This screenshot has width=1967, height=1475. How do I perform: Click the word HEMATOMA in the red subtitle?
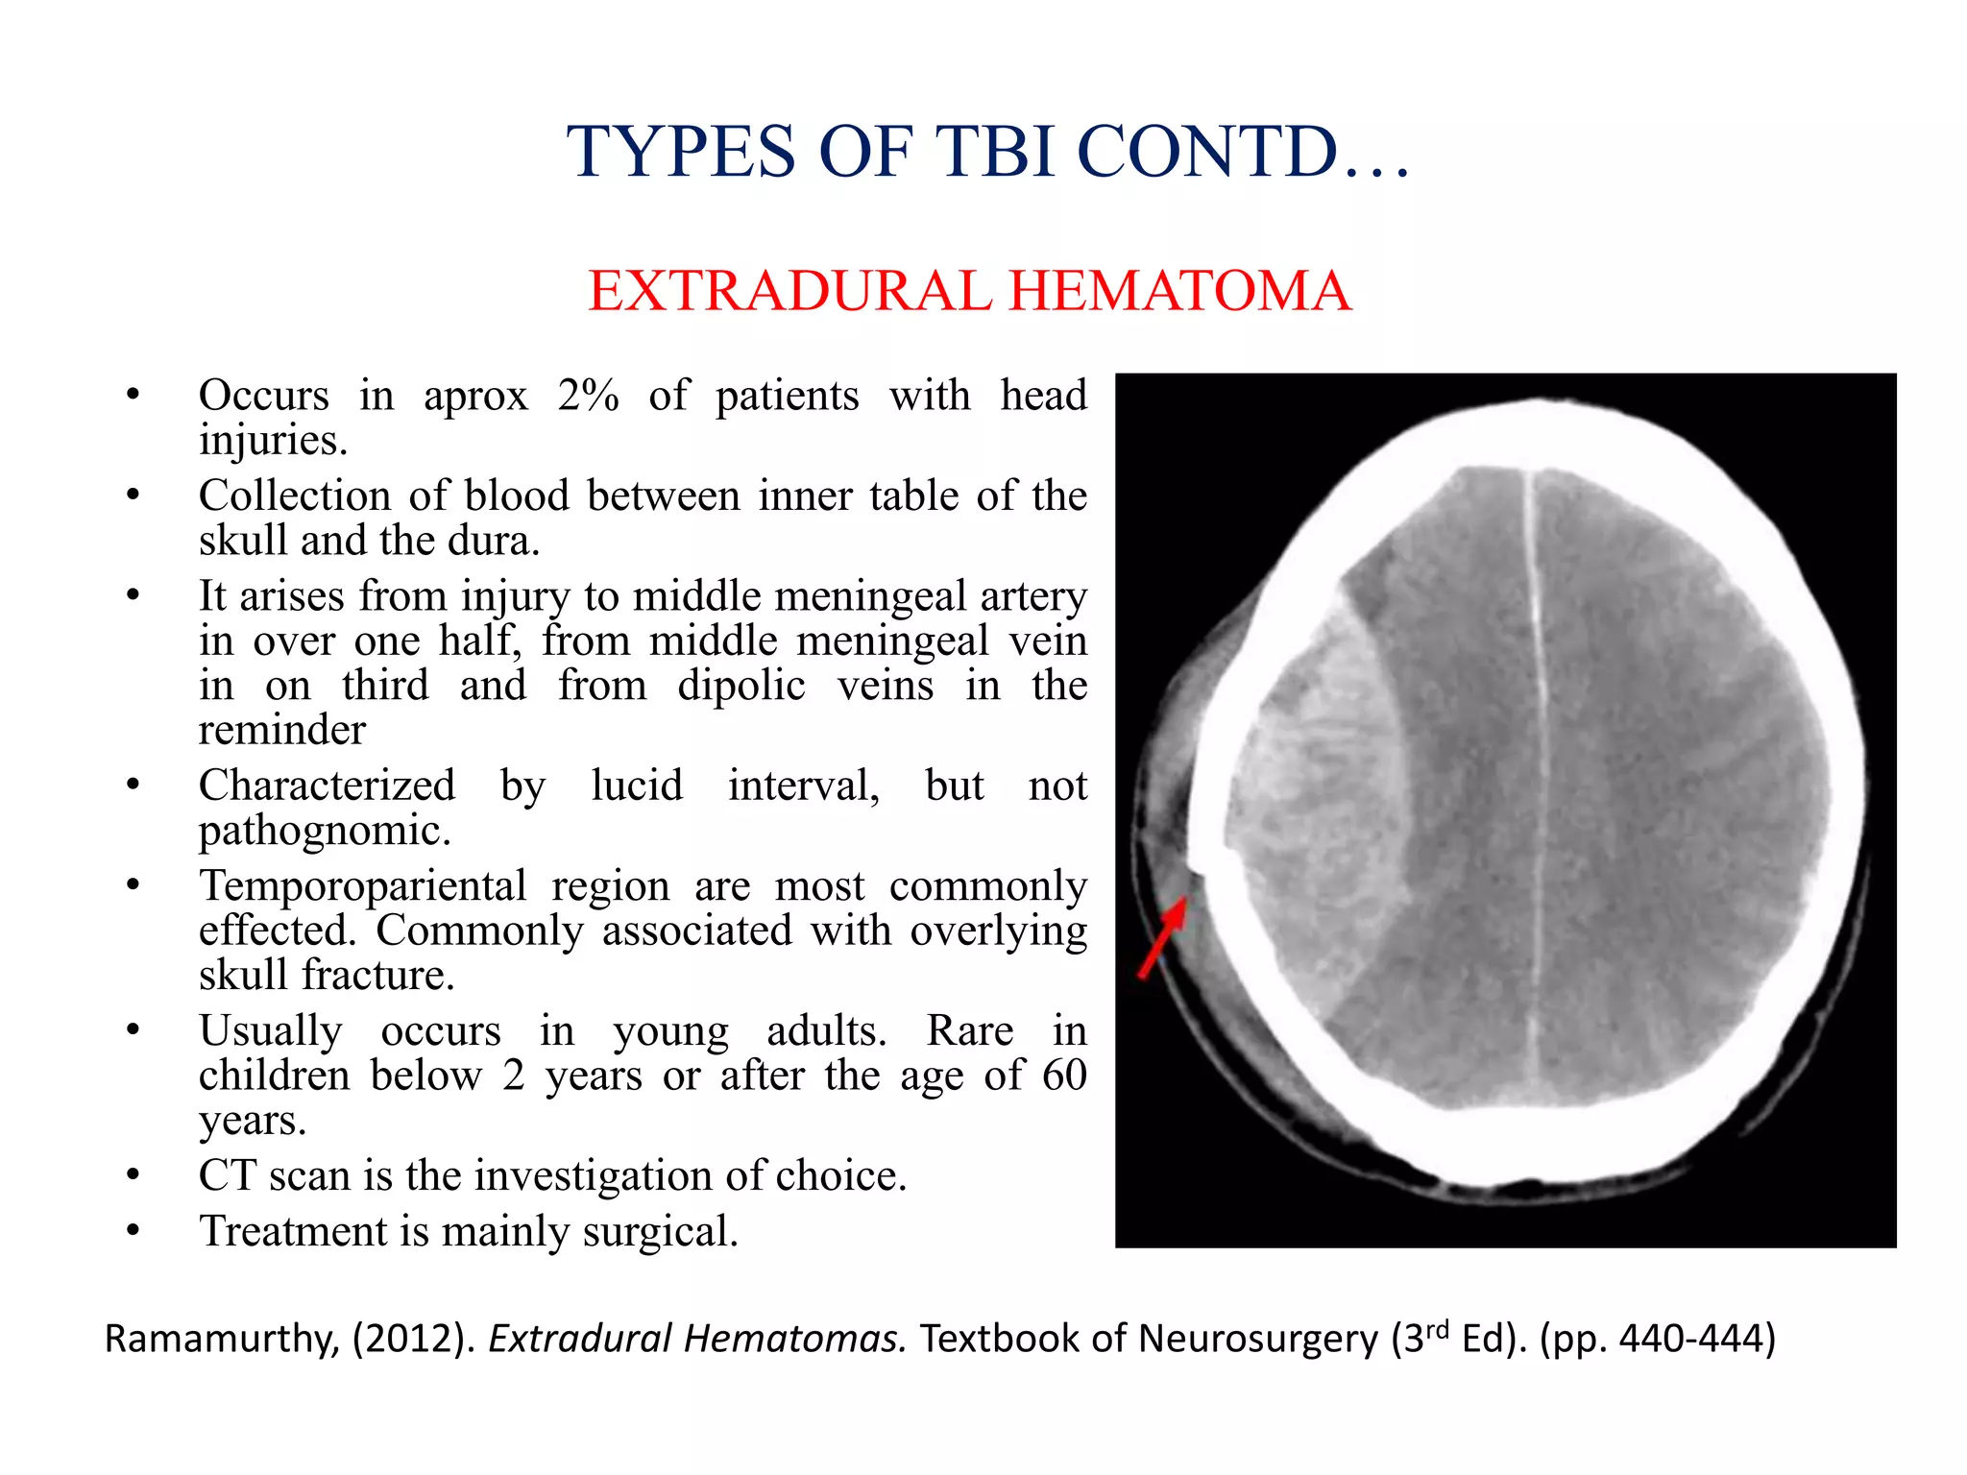(x=1180, y=291)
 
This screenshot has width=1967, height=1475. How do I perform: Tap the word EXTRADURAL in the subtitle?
(x=789, y=291)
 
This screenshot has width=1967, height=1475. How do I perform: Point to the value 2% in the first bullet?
(x=588, y=396)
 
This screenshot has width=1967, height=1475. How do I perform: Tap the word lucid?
(x=636, y=786)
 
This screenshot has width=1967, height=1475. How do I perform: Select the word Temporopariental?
(x=362, y=886)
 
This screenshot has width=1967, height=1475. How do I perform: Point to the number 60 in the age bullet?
(x=1063, y=1076)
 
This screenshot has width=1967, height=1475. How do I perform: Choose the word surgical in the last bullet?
(x=660, y=1232)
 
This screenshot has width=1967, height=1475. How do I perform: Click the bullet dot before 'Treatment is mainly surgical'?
(x=134, y=1231)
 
